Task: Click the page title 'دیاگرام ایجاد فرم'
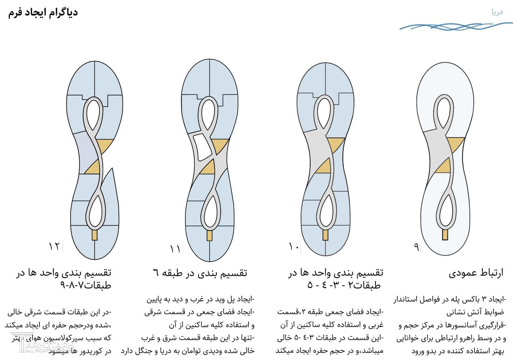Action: click(43, 13)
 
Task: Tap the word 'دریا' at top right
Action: click(497, 12)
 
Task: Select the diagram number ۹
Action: click(416, 247)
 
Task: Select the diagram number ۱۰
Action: click(294, 247)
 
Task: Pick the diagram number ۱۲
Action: click(54, 246)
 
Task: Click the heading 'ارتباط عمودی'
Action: click(476, 273)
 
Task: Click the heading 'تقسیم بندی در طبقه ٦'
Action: click(200, 273)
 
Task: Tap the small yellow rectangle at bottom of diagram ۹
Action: click(445, 235)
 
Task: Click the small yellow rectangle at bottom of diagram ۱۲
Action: click(95, 235)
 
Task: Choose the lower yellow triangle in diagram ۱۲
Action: click(93, 167)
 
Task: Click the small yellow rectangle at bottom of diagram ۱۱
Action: click(210, 235)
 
